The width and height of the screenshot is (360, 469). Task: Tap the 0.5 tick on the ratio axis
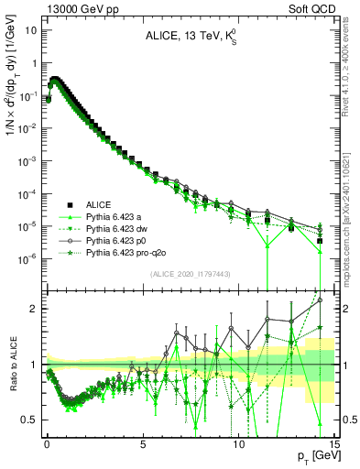[30, 420]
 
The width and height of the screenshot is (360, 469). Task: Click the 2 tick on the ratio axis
[35, 309]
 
